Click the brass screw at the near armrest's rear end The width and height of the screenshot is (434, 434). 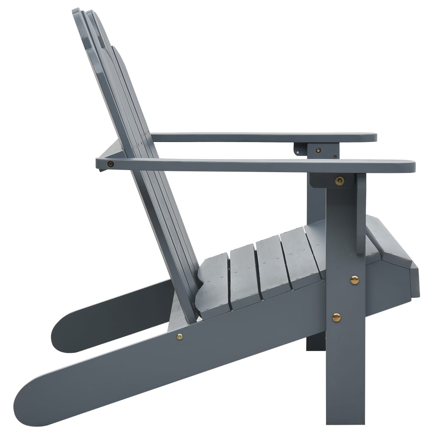click(x=111, y=164)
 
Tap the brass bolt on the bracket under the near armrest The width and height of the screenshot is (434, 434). click(x=339, y=181)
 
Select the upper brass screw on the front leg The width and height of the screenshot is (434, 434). click(x=354, y=280)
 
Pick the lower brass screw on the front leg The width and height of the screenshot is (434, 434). click(x=336, y=317)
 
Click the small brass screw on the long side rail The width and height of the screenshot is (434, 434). click(x=180, y=337)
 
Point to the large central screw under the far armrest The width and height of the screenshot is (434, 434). click(x=318, y=149)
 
